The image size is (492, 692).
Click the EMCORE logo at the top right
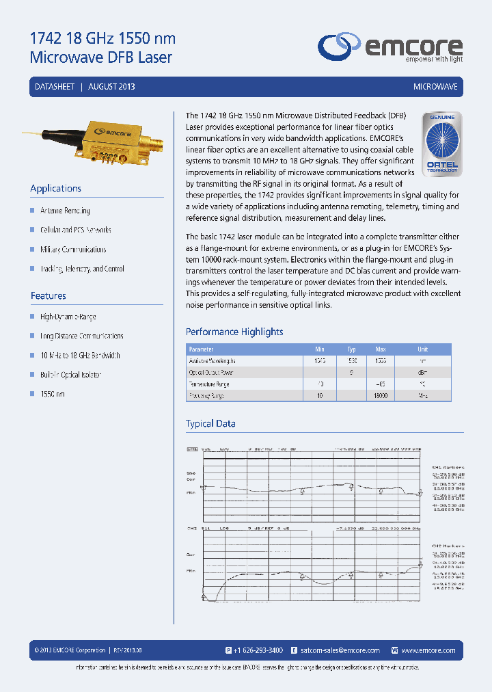[389, 48]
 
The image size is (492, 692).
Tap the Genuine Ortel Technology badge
[442, 144]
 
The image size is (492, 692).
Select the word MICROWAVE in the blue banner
[435, 87]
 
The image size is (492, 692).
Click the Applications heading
[56, 189]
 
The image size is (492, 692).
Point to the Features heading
[49, 296]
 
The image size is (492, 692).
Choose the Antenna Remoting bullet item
[65, 211]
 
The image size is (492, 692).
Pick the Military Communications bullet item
[73, 250]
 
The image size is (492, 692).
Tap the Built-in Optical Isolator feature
[70, 375]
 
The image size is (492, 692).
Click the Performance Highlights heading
[234, 332]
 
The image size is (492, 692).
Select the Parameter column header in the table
[202, 349]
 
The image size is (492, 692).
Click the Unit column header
[423, 349]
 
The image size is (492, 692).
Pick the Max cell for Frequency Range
[381, 396]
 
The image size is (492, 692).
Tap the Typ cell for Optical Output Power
[351, 373]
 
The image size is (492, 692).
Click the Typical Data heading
[210, 424]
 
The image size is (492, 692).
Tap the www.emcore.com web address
[428, 650]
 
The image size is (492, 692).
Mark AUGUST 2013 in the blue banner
[111, 87]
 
